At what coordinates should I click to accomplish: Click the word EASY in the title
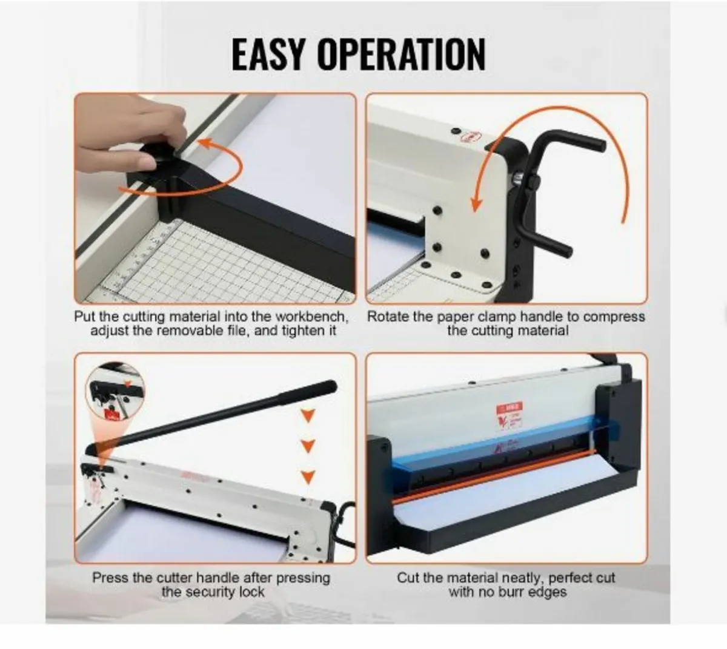[270, 54]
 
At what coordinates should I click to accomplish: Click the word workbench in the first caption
[312, 317]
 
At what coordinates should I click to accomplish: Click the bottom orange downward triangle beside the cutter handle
[309, 477]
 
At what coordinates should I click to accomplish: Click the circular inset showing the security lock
[116, 393]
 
